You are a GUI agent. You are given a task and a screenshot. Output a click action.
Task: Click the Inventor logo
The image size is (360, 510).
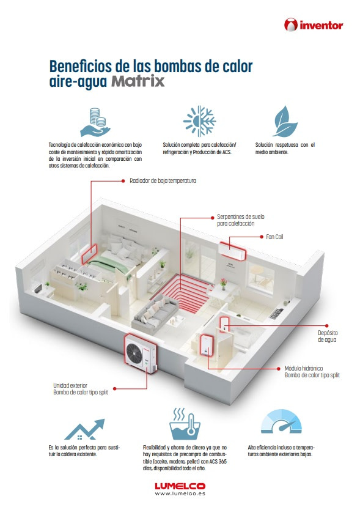[x=314, y=25]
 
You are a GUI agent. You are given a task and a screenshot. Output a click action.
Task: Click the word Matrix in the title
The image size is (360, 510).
[x=138, y=81]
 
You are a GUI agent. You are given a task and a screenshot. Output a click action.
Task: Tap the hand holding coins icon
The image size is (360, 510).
[x=95, y=123]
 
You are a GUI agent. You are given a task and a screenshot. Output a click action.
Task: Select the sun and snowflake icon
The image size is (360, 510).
[x=199, y=121]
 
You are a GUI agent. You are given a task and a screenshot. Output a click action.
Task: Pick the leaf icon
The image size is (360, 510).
[x=285, y=121]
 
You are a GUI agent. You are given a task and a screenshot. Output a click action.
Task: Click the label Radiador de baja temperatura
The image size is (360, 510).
[x=163, y=180]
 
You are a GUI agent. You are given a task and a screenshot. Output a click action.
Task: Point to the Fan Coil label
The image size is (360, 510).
[x=274, y=237]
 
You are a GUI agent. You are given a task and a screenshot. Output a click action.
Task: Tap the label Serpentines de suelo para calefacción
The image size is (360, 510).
[x=241, y=220]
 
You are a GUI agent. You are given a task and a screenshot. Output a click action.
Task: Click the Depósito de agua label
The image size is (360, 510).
[x=328, y=336]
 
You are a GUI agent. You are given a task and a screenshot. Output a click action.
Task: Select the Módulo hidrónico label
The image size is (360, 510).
[x=312, y=371]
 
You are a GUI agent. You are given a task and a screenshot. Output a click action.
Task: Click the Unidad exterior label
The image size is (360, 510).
[x=81, y=389]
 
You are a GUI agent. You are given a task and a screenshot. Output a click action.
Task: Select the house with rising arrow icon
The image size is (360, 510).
[x=85, y=429]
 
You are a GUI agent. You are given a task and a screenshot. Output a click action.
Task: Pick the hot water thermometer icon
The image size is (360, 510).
[x=185, y=424]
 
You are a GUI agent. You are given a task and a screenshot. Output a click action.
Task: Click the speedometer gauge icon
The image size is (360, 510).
[x=281, y=422]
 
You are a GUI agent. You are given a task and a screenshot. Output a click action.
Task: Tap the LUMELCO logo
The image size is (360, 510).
[x=180, y=486]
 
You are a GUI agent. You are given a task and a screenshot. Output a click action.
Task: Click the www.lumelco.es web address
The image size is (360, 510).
[x=180, y=493]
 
